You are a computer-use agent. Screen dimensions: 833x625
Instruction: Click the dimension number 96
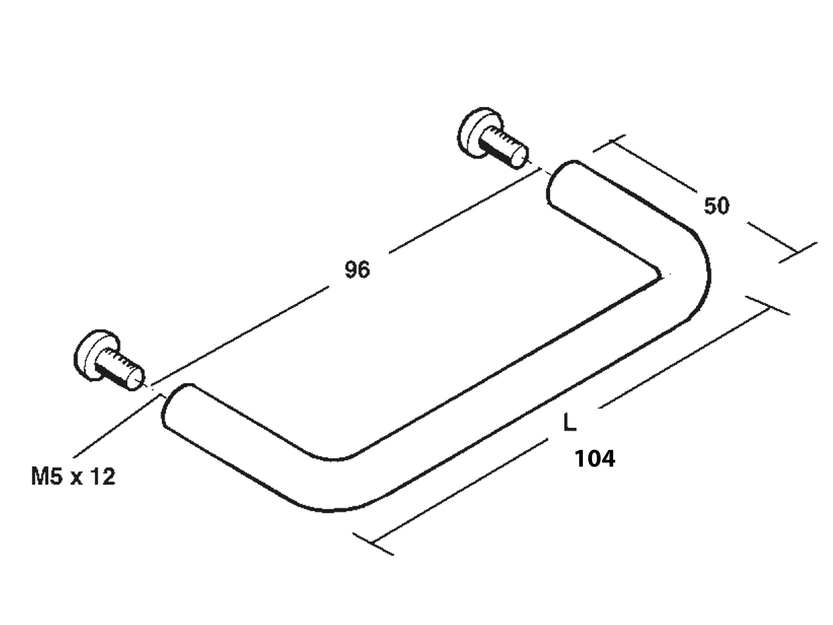click(x=357, y=270)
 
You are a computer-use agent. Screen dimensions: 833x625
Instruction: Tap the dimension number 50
click(x=717, y=206)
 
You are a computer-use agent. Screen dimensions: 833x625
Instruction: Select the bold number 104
click(x=595, y=459)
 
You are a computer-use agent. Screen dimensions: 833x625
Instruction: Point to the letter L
click(x=570, y=422)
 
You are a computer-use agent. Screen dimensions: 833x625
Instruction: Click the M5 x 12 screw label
click(x=74, y=477)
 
